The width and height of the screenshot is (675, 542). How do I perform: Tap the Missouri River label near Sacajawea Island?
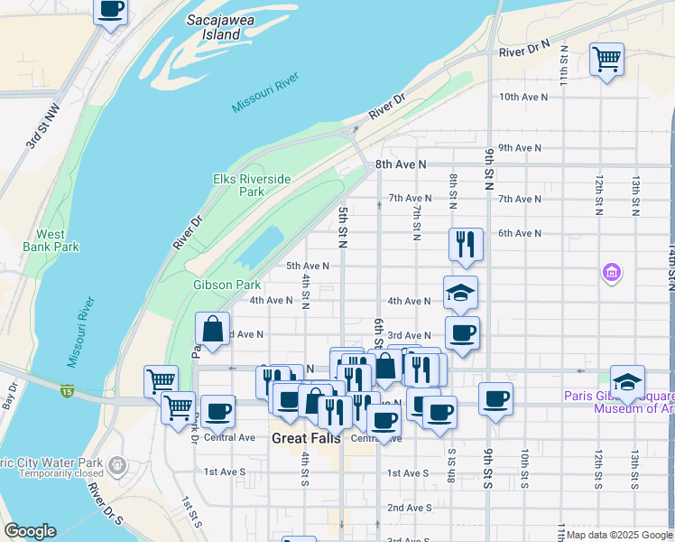264,94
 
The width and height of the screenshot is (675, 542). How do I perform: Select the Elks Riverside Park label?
252,185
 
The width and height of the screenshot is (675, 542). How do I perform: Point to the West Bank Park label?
51,240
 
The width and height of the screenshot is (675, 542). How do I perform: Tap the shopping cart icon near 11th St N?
606,60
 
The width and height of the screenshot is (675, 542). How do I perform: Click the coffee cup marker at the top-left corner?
110,10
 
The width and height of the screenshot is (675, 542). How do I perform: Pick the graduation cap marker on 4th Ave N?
460,293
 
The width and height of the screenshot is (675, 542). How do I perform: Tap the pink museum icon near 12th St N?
612,271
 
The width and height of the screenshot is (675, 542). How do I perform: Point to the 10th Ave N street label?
520,96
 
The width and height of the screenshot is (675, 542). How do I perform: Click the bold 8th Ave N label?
400,164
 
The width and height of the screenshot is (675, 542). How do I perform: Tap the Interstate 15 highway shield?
68,390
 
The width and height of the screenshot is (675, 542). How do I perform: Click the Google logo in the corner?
30,531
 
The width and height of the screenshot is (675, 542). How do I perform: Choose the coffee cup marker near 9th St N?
495,398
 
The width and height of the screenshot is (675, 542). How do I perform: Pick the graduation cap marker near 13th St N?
627,381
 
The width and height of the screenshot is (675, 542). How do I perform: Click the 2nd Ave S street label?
409,508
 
